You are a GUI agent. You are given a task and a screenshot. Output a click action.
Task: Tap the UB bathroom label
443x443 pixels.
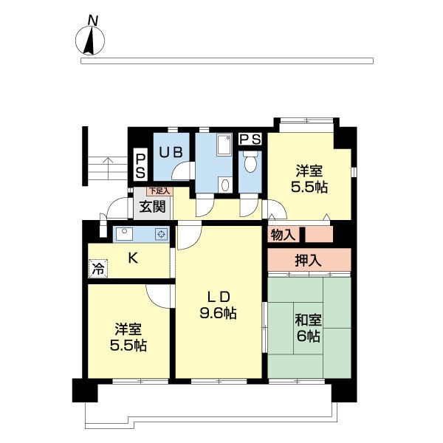[x=171, y=153]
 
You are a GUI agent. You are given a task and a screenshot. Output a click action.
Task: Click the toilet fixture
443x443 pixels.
[x=250, y=161]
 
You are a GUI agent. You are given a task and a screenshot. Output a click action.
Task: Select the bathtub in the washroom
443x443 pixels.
[x=224, y=145]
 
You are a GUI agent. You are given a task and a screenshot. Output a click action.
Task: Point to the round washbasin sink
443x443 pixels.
[x=225, y=185]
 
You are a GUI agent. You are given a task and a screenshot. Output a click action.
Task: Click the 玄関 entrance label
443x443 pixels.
[x=152, y=207]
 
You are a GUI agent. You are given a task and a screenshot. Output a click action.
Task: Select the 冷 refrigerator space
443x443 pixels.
[x=98, y=269]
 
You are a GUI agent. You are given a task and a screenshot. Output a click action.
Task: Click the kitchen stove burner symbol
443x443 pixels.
[x=161, y=234]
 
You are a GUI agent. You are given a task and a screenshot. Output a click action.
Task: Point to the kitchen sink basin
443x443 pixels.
[x=124, y=234]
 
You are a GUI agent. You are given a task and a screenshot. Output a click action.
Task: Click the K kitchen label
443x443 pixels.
[x=133, y=258]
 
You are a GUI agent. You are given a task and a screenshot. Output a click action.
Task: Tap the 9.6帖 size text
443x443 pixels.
[x=218, y=313]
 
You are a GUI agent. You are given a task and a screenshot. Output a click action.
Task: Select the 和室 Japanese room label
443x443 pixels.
[x=308, y=320]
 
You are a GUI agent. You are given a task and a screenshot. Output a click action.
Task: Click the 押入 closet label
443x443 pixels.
[x=308, y=260]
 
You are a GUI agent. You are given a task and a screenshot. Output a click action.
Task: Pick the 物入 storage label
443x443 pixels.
[x=283, y=235]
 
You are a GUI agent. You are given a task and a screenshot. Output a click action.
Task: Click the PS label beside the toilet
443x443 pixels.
[x=250, y=139]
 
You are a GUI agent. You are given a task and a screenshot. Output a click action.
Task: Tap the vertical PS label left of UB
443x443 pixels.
[x=140, y=166]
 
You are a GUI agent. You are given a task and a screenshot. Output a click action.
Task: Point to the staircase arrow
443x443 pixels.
[x=108, y=168]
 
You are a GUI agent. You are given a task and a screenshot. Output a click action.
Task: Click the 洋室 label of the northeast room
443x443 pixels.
[x=309, y=171]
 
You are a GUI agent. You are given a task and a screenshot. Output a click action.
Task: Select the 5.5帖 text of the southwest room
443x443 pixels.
[x=128, y=346]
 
